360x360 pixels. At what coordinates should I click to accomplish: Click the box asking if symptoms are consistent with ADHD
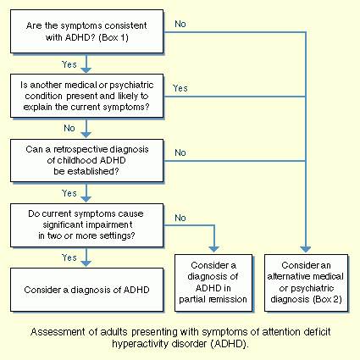pyautogui.click(x=86, y=31)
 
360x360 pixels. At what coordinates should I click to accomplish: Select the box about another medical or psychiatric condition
pyautogui.click(x=86, y=96)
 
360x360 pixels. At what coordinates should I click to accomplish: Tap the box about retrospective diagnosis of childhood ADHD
pyautogui.click(x=86, y=160)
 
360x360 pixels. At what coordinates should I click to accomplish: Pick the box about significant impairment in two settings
pyautogui.click(x=86, y=225)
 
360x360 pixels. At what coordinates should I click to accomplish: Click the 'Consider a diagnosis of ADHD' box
pyautogui.click(x=86, y=290)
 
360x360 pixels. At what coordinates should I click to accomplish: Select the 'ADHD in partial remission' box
pyautogui.click(x=213, y=283)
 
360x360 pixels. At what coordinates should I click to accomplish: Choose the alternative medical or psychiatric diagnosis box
pyautogui.click(x=306, y=283)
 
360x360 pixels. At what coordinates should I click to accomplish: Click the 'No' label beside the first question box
pyautogui.click(x=180, y=24)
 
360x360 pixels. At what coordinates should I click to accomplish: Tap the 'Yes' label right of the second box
pyautogui.click(x=180, y=88)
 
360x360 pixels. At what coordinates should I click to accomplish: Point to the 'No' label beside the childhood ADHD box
pyautogui.click(x=180, y=152)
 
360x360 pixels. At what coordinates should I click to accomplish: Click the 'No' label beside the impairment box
pyautogui.click(x=180, y=218)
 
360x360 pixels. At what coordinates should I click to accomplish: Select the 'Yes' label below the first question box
pyautogui.click(x=69, y=64)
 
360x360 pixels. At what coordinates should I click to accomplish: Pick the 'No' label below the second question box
pyautogui.click(x=69, y=128)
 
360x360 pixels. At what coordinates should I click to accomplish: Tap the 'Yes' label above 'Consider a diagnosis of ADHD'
pyautogui.click(x=69, y=258)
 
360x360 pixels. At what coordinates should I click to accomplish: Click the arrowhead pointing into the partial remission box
pyautogui.click(x=214, y=249)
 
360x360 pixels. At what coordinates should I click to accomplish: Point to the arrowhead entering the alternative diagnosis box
pyautogui.click(x=306, y=249)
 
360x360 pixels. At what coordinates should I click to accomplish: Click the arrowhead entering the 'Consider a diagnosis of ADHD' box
pyautogui.click(x=86, y=263)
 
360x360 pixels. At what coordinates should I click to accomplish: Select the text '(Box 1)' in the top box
pyautogui.click(x=114, y=37)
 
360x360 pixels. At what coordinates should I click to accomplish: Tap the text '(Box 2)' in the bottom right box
pyautogui.click(x=327, y=299)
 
